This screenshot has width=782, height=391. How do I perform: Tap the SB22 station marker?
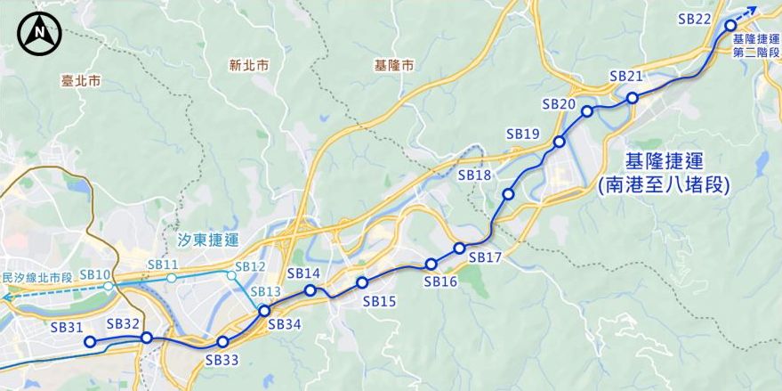730,26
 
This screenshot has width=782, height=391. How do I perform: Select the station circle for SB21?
632,98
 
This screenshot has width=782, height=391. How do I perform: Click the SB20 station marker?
587,111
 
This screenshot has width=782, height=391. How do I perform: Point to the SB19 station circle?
559,142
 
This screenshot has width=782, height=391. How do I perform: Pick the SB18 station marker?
508,194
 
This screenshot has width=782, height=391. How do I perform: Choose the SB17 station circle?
459,248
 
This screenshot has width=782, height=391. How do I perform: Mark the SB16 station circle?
431,264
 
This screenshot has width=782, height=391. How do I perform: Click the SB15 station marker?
362,282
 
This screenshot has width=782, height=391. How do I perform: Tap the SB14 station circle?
310,290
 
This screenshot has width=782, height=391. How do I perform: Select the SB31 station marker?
89,341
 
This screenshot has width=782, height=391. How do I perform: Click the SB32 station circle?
146,338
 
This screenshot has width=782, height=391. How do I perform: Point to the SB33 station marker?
222,342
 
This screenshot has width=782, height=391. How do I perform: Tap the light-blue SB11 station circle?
171,278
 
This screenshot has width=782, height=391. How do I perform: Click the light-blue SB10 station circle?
108,286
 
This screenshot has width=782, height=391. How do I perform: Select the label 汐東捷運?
208,240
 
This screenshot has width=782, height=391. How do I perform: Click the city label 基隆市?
395,65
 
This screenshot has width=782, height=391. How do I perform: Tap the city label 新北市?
248,65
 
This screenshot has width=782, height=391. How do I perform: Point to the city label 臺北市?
82,80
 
